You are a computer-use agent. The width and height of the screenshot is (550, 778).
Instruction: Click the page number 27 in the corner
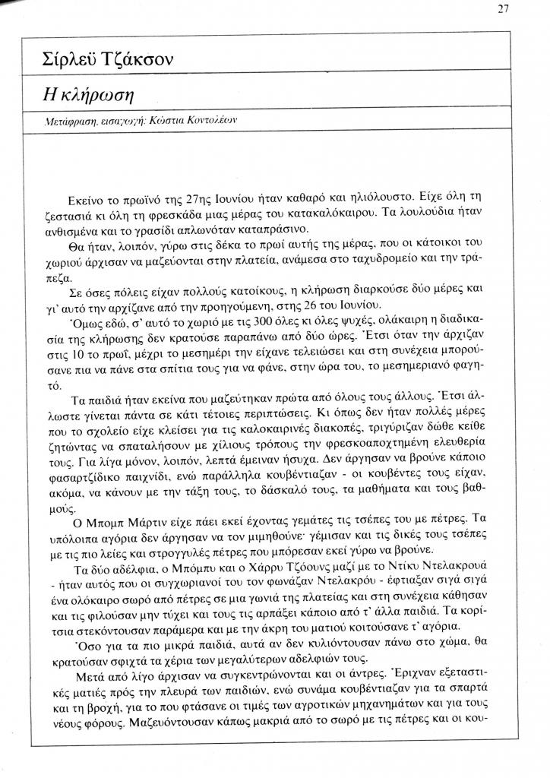(x=503, y=9)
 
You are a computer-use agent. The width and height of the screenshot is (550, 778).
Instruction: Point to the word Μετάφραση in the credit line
(x=66, y=122)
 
